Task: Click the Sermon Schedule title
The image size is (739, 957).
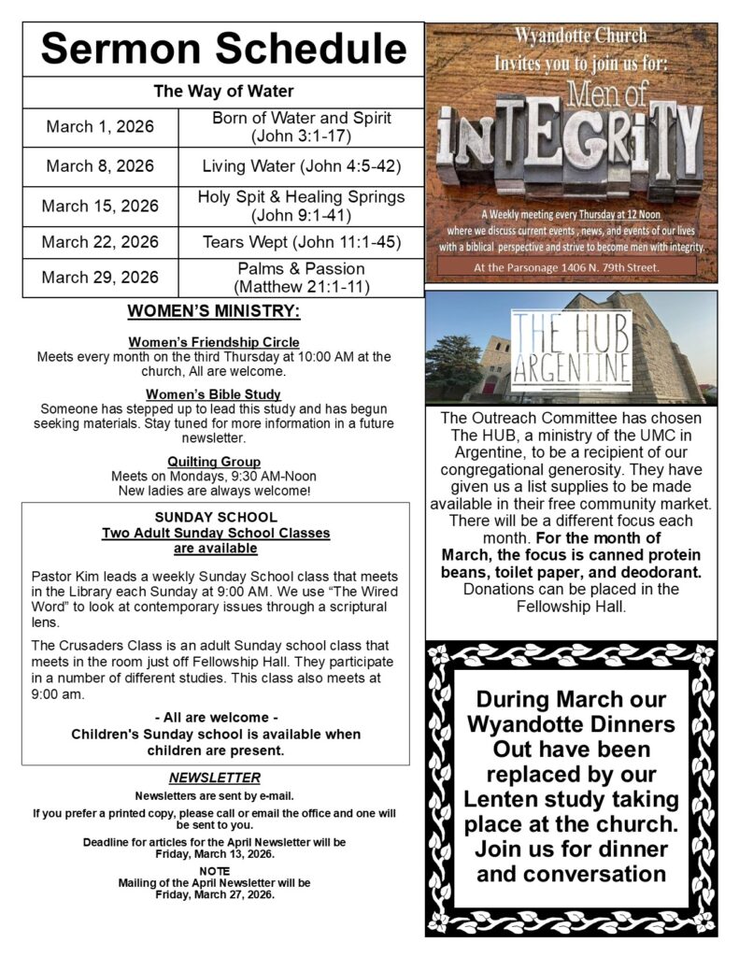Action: pos(223,49)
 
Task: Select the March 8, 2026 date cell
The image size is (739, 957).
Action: pos(100,166)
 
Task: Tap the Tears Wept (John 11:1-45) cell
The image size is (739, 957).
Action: pos(301,242)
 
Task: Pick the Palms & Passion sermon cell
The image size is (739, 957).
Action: pos(301,278)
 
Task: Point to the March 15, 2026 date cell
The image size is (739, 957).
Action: pos(100,206)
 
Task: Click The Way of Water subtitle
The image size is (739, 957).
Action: pos(223,92)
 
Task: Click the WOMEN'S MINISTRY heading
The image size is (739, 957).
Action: pos(214,310)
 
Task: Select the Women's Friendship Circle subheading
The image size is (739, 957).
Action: pos(214,342)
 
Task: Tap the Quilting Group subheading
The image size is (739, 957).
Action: pos(214,462)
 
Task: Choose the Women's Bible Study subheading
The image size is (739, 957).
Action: pos(214,394)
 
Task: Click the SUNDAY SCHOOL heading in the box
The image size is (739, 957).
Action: pos(216,517)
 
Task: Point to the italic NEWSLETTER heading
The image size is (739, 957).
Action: pos(214,778)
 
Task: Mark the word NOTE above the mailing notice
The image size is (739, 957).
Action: pos(214,871)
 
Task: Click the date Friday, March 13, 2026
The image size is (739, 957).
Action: pos(214,854)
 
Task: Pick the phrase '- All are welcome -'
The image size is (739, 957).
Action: pos(216,718)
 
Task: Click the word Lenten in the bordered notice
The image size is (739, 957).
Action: pos(514,800)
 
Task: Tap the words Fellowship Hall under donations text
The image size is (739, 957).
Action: pos(571,606)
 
